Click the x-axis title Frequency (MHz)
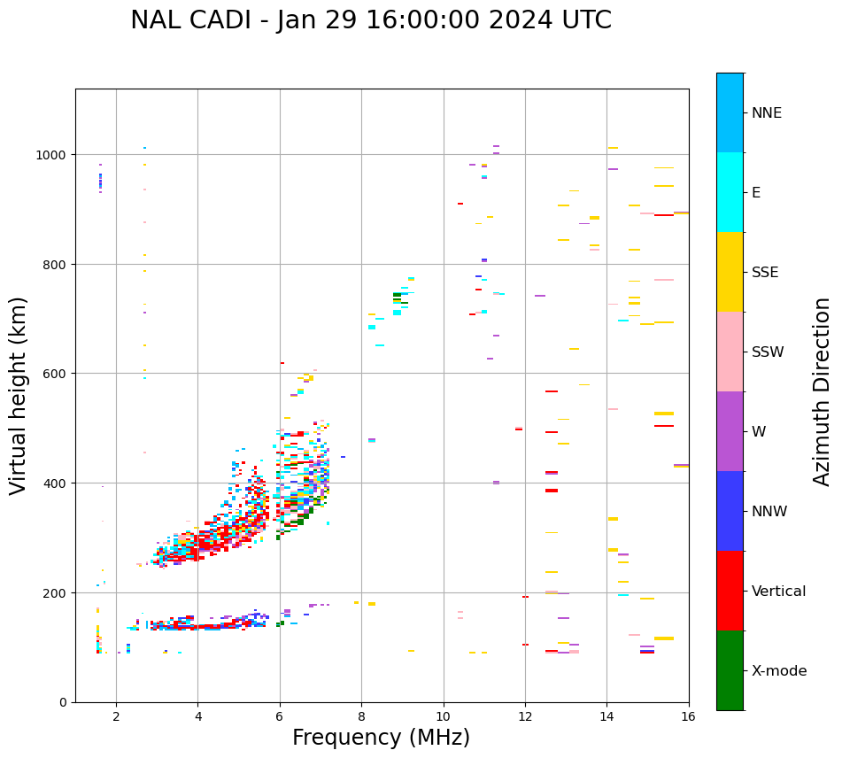click(x=381, y=738)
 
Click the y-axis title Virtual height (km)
click(x=19, y=395)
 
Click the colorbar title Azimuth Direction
click(x=823, y=391)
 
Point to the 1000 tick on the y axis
click(x=55, y=155)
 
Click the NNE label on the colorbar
click(x=767, y=113)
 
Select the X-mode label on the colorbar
click(x=779, y=671)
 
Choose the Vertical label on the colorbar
click(x=779, y=592)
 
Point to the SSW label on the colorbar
click(x=768, y=352)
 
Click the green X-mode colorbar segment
click(x=730, y=670)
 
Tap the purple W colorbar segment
click(x=730, y=431)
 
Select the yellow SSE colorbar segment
click(x=730, y=272)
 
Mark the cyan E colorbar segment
click(x=730, y=192)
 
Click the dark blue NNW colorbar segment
click(x=730, y=511)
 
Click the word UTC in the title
click(x=584, y=20)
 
